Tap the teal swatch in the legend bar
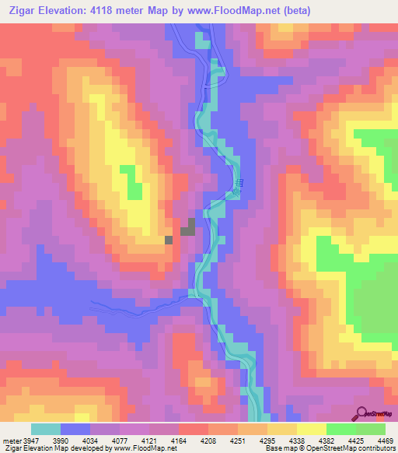pos(46,430)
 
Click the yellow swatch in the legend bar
pos(312,430)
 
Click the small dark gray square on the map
pos(168,240)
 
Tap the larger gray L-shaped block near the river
pos(188,228)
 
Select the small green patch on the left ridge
pos(135,189)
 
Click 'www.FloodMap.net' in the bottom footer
pos(152,448)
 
